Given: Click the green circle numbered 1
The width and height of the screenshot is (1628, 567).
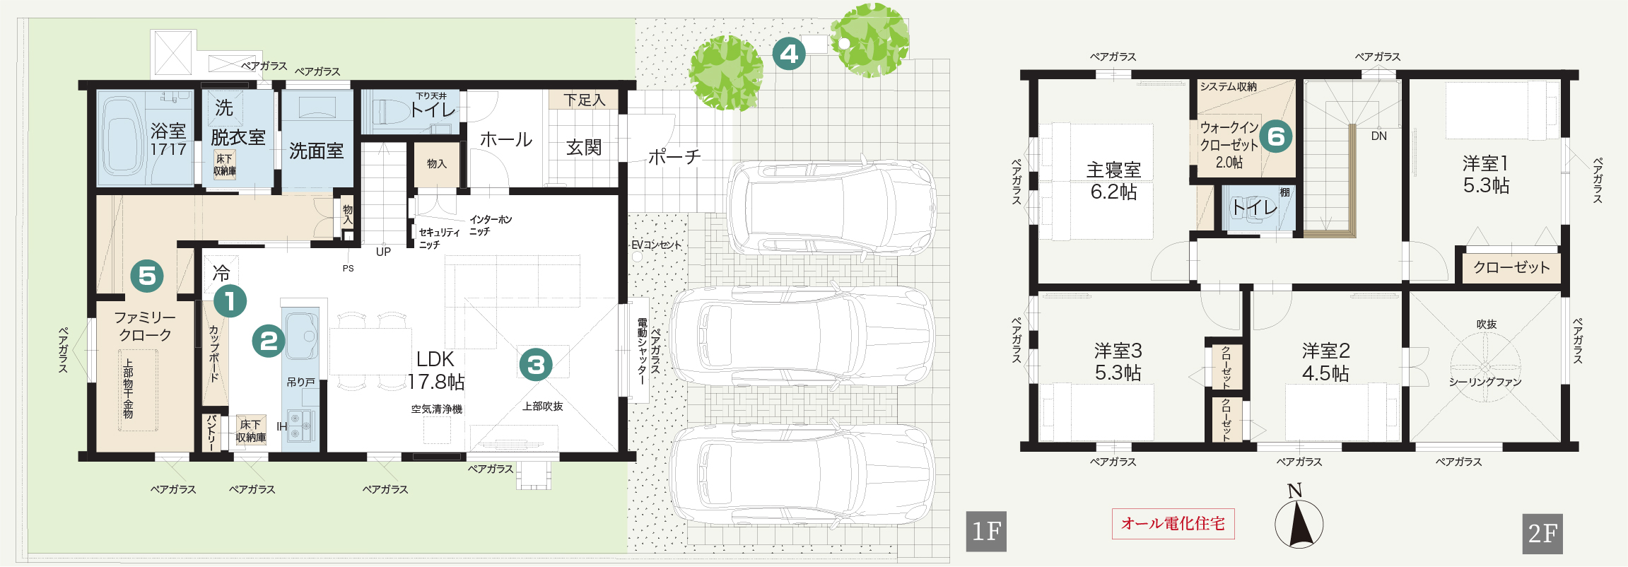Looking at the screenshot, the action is pos(230,301).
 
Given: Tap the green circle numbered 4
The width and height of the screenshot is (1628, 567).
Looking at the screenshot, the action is pos(789,54).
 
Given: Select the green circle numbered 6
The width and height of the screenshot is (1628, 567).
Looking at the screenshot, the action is pos(1275,136).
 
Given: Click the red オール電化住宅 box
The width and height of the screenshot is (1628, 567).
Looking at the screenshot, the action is pos(1173,524).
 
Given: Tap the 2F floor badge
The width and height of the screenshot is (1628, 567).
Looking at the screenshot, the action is pos(1542,534).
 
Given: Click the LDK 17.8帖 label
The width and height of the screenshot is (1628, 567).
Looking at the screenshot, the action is pos(436,370).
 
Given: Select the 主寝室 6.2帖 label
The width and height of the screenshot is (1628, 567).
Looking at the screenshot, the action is pos(1114,181).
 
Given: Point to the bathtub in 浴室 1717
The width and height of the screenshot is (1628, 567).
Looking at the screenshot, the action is pos(122,136).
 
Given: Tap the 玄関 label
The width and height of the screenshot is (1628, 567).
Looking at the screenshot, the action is pos(584,147).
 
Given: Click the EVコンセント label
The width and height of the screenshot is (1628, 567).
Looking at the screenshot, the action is pos(657,245).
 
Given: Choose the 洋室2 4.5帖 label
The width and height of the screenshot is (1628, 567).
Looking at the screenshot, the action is pos(1326,362).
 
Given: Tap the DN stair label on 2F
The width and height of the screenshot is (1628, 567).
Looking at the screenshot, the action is pos(1379,136).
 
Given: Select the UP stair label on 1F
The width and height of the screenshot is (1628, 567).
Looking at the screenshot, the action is pos(383,252).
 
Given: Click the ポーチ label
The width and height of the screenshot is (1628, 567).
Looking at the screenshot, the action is pos(674,156).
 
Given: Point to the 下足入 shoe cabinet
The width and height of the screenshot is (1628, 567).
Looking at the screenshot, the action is pos(584,100).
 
